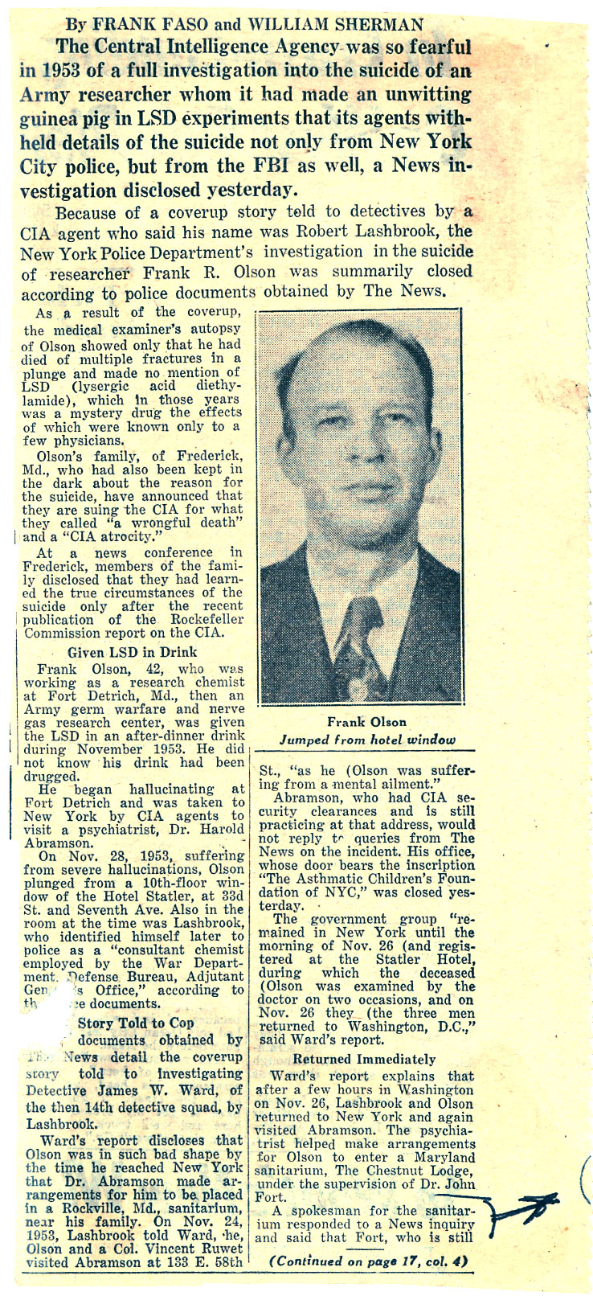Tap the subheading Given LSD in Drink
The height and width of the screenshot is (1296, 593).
(133, 652)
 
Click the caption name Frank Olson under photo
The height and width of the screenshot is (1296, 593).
(366, 722)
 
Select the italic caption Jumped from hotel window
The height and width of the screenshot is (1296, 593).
(366, 740)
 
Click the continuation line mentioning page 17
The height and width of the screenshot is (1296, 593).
(369, 1261)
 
